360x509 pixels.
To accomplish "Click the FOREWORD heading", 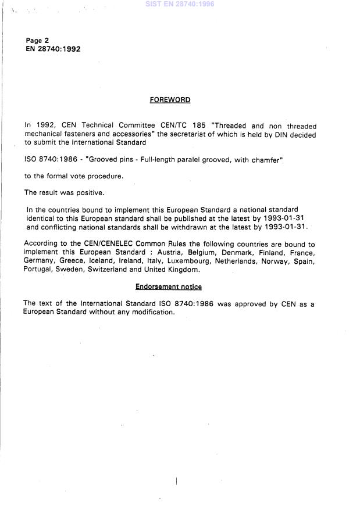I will (x=170, y=100).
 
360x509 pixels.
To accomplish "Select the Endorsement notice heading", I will (x=169, y=287).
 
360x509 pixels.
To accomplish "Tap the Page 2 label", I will (x=37, y=41).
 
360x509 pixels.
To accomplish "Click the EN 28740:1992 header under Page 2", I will (x=53, y=49).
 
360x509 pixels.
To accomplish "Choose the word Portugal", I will (x=38, y=270).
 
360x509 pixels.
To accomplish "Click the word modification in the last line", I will (x=154, y=312).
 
